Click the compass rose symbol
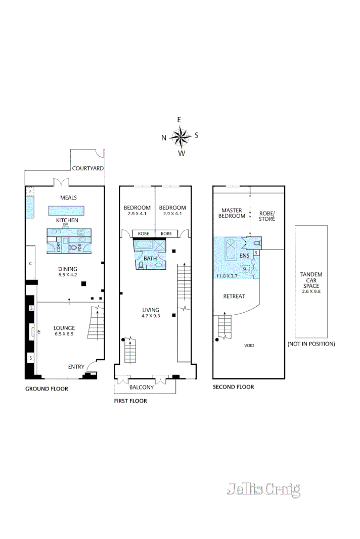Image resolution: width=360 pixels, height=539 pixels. [180, 136]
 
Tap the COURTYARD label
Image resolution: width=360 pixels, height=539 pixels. [87, 168]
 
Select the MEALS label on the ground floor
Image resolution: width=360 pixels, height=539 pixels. [68, 198]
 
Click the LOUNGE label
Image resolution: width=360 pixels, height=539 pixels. [64, 328]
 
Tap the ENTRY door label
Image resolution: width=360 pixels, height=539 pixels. [76, 367]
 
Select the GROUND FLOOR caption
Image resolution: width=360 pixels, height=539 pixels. [47, 389]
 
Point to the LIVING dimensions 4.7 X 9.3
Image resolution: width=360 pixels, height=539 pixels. [151, 316]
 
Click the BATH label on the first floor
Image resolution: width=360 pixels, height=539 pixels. [150, 258]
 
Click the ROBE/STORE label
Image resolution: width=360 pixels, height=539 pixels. [266, 216]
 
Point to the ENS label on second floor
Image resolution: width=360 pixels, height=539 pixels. [244, 256]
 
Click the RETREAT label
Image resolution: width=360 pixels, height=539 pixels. [234, 297]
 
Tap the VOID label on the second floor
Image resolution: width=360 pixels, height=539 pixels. [249, 346]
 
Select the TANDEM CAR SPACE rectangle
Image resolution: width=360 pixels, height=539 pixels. [311, 281]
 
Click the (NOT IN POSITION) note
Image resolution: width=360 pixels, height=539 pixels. [311, 344]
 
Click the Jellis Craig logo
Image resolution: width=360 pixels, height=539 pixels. [263, 489]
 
